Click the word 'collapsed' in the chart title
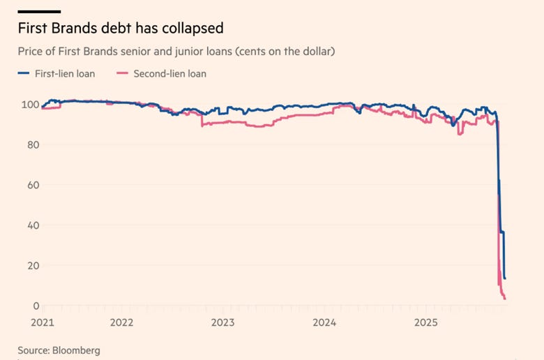[x=192, y=29]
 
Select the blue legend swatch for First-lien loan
[x=24, y=73]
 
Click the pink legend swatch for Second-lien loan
[x=123, y=73]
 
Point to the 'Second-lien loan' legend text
[x=170, y=73]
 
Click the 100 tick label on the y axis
[x=31, y=105]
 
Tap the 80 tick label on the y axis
[x=33, y=144]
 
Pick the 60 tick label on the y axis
[x=33, y=185]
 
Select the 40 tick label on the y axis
[x=33, y=225]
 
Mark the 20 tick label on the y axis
[x=33, y=266]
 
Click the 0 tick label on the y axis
[x=36, y=306]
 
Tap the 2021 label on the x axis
[x=43, y=322]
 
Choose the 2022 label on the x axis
[x=122, y=322]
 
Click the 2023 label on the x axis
[x=222, y=322]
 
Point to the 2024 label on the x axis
[x=324, y=322]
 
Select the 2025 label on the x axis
[x=426, y=322]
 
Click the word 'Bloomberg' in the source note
[x=76, y=351]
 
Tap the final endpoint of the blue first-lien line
[x=505, y=278]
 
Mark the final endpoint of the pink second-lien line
[x=505, y=299]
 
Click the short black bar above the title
[x=39, y=12]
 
